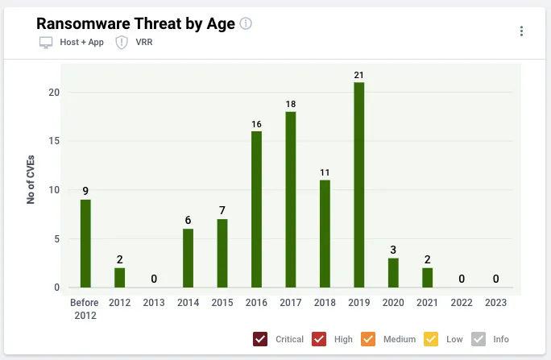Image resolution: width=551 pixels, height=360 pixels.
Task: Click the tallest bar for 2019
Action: [358, 184]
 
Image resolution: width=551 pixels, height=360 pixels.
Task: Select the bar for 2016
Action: [256, 209]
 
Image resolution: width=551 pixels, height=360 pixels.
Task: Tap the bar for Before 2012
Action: [85, 243]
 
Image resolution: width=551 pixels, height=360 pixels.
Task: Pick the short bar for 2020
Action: [393, 273]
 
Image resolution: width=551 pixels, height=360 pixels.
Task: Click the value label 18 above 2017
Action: [291, 104]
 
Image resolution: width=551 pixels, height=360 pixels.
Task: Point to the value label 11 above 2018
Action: [325, 172]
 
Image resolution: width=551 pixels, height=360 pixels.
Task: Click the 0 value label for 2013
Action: [154, 279]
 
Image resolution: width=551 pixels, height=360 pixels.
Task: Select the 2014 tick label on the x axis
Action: [188, 302]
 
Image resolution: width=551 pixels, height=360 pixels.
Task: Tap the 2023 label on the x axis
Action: [496, 302]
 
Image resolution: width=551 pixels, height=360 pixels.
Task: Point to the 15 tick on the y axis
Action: [54, 141]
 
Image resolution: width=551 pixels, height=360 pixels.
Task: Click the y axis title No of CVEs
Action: [31, 180]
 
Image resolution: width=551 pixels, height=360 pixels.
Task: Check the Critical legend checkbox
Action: [260, 339]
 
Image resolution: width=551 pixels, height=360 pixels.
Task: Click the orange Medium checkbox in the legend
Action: [368, 339]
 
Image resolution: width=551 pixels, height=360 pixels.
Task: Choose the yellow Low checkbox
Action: [431, 339]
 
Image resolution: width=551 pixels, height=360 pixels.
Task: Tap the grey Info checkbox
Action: [478, 339]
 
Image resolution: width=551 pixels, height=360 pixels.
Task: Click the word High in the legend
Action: [343, 339]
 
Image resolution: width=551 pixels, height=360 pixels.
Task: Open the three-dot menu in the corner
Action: [521, 31]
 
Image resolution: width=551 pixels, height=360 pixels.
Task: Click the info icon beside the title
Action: [246, 23]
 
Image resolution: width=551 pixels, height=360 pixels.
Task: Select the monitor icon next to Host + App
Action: [46, 43]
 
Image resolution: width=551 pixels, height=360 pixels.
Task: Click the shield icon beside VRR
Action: [122, 43]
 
